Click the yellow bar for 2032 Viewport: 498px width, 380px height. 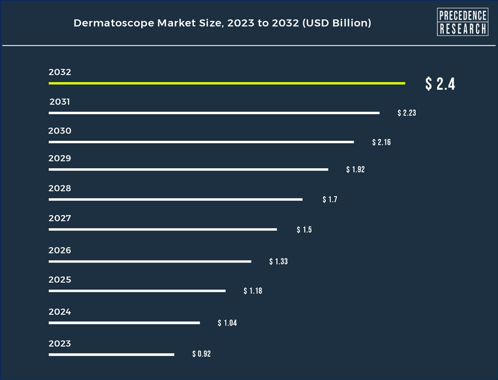pos(227,83)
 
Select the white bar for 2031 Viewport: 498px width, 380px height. pos(214,113)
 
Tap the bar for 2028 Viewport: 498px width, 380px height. pos(176,200)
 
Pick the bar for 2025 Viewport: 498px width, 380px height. pos(137,291)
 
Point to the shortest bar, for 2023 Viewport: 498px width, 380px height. pos(112,355)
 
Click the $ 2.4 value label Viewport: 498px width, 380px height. pos(440,84)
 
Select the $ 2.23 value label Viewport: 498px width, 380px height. pos(407,113)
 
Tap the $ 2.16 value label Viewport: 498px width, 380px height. pos(381,142)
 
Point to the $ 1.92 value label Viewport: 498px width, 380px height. pos(356,169)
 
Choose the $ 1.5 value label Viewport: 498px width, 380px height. pos(304,230)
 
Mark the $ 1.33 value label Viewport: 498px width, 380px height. pos(278,261)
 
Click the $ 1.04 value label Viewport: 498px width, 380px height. pos(228,323)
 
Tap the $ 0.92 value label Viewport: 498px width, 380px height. pos(202,354)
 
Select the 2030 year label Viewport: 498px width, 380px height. pos(60,131)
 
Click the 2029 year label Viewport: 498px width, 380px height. pos(60,158)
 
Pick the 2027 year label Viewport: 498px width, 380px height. pos(60,218)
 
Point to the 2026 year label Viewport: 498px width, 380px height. pos(60,251)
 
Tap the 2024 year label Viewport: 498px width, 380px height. pos(60,312)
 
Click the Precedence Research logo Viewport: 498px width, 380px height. pos(463,22)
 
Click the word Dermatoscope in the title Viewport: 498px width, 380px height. pos(114,23)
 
